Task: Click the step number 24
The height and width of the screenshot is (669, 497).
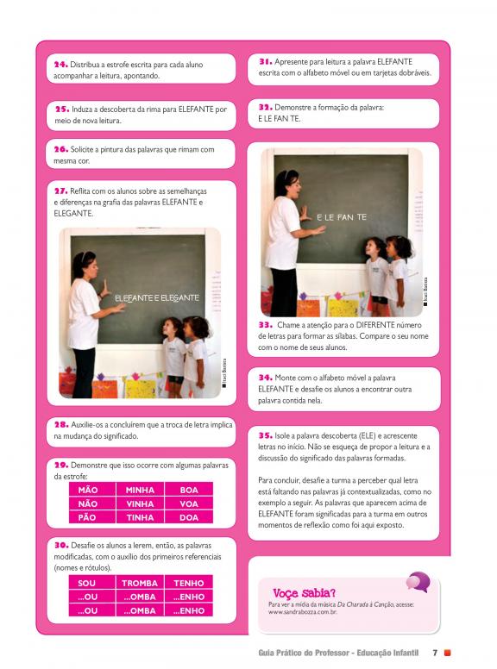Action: point(60,65)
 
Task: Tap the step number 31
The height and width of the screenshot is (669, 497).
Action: point(265,61)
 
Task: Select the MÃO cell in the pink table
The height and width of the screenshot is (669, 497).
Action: point(91,490)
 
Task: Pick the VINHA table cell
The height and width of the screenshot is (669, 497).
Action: point(140,503)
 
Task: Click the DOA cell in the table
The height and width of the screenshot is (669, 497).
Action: point(189,517)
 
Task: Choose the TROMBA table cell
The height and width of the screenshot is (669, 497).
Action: point(140,583)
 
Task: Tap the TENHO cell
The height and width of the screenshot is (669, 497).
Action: point(189,583)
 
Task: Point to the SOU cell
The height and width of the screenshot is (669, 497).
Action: point(91,583)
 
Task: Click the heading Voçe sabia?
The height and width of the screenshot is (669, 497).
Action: point(304,592)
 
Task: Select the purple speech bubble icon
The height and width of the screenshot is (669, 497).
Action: point(418,582)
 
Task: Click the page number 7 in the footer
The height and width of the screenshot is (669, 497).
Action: point(435,653)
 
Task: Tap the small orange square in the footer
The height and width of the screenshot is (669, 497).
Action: point(448,653)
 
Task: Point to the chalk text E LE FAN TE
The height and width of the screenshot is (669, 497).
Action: point(342,217)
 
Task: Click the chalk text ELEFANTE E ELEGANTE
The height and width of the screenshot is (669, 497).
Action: point(157,297)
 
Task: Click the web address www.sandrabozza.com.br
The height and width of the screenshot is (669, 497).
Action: point(303,612)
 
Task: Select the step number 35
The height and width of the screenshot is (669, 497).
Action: point(265,435)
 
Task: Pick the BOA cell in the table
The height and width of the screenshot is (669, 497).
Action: point(189,490)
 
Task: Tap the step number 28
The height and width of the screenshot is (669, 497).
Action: point(61,424)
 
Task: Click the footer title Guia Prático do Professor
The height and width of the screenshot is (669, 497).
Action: point(303,653)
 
